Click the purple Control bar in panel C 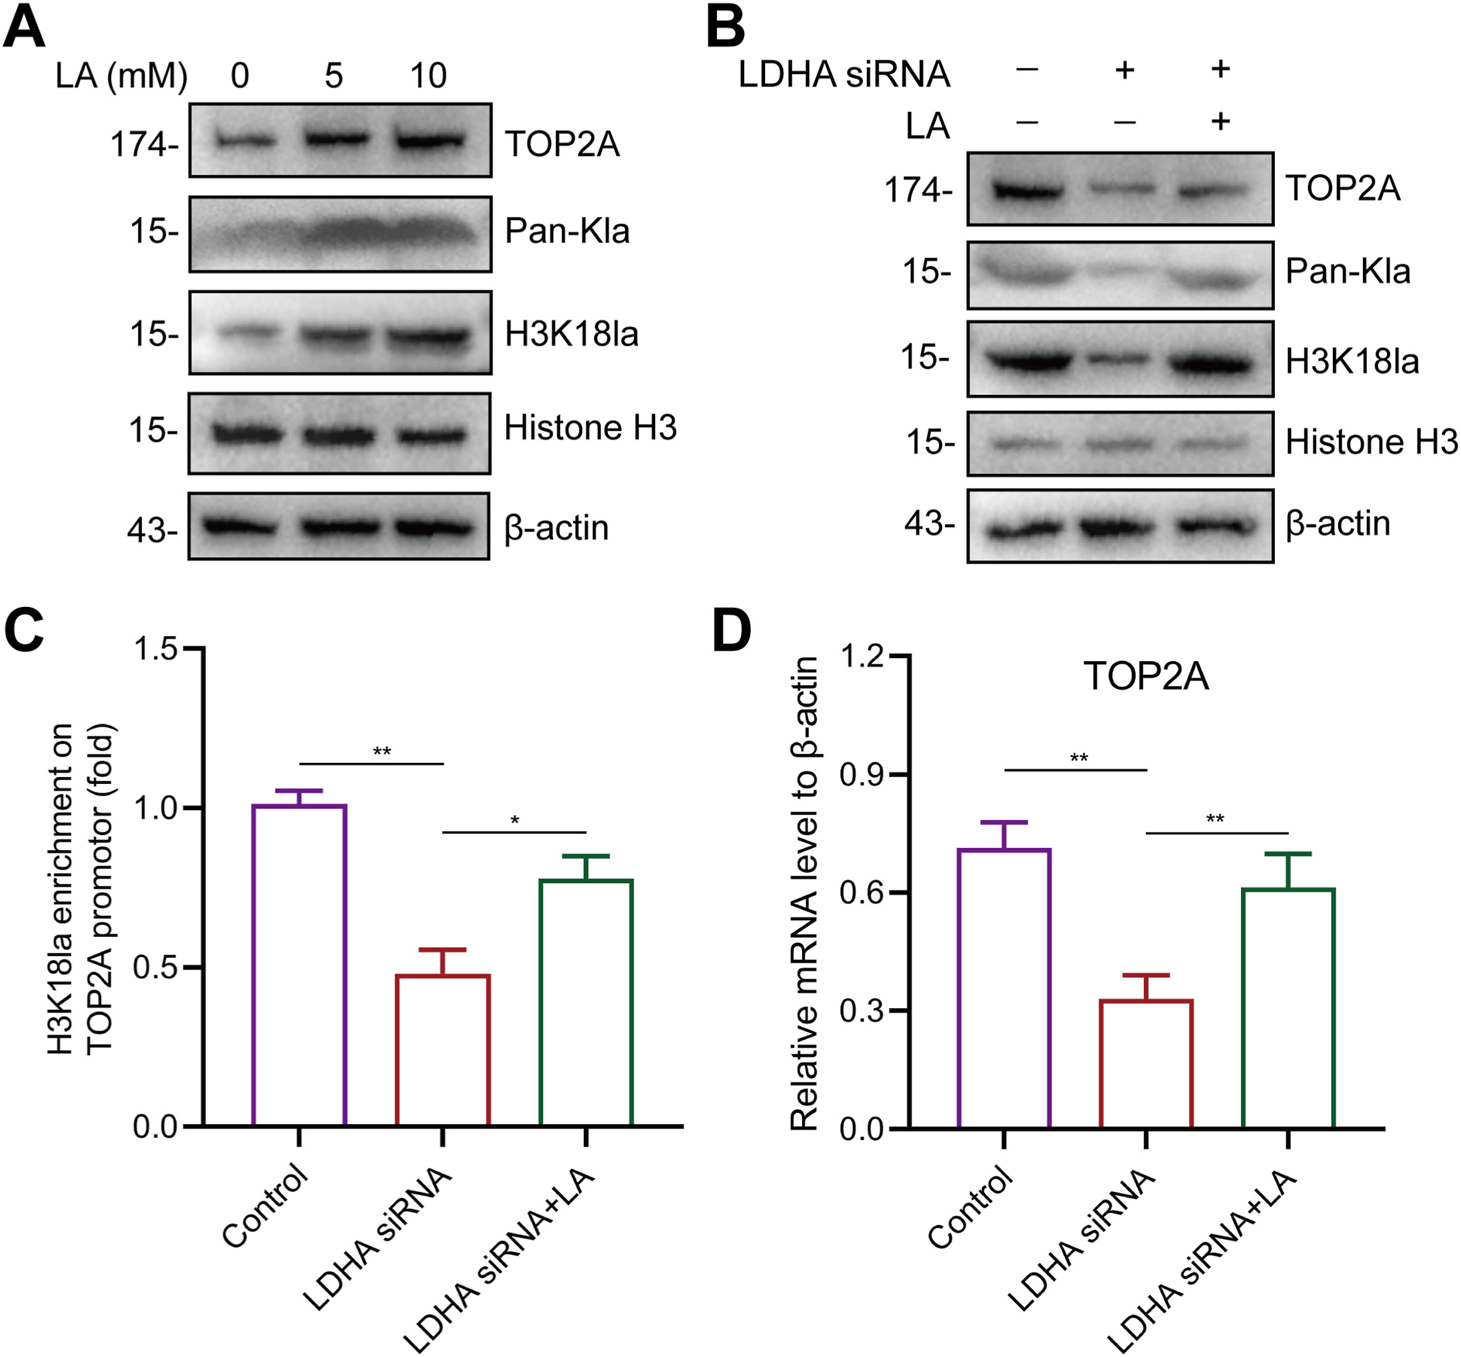pyautogui.click(x=299, y=965)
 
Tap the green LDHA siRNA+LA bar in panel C pyautogui.click(x=586, y=1002)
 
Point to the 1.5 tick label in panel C pyautogui.click(x=156, y=649)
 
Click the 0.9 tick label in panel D pyautogui.click(x=862, y=775)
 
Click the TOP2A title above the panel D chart pyautogui.click(x=1146, y=676)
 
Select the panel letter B pyautogui.click(x=725, y=27)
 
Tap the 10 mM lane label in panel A pyautogui.click(x=428, y=76)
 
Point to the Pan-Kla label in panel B pyautogui.click(x=1348, y=272)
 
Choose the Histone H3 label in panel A pyautogui.click(x=590, y=428)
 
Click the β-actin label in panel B pyautogui.click(x=1338, y=524)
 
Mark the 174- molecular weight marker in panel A pyautogui.click(x=144, y=145)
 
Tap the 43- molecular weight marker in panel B pyautogui.click(x=929, y=524)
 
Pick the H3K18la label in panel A pyautogui.click(x=571, y=335)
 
